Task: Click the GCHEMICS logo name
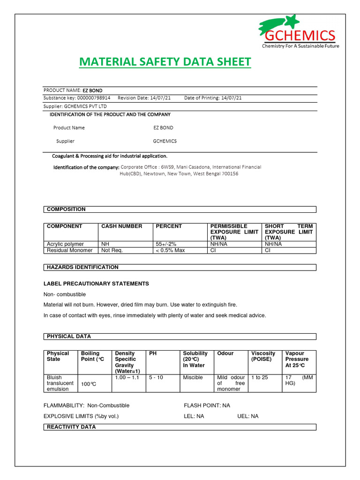pyautogui.click(x=303, y=36)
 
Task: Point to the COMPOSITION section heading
pyautogui.click(x=66, y=209)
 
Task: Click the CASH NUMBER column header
pyautogui.click(x=121, y=226)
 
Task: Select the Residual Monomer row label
pyautogui.click(x=70, y=250)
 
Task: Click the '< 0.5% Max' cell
pyautogui.click(x=170, y=250)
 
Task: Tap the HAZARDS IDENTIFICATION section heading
pyautogui.click(x=82, y=267)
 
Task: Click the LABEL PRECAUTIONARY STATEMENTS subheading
pyautogui.click(x=96, y=284)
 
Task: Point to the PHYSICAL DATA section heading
pyautogui.click(x=69, y=337)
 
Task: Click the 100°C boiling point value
pyautogui.click(x=89, y=384)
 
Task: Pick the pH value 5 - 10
pyautogui.click(x=156, y=377)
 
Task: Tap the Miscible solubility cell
pyautogui.click(x=193, y=377)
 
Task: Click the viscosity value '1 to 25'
pyautogui.click(x=260, y=377)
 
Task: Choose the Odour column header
pyautogui.click(x=225, y=353)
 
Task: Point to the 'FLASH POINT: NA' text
pyautogui.click(x=207, y=405)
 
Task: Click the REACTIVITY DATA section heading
pyautogui.click(x=71, y=427)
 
